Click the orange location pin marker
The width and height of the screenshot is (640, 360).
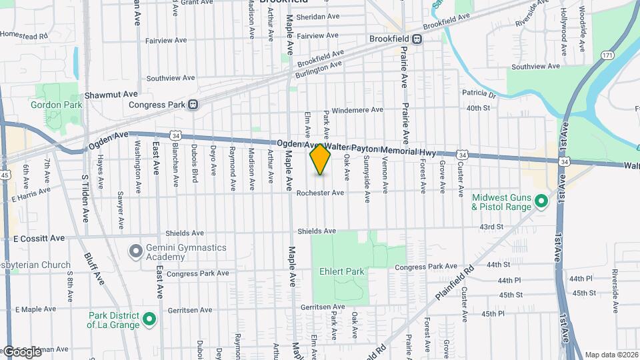tap(321, 159)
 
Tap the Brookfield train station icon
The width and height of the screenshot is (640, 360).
tap(417, 39)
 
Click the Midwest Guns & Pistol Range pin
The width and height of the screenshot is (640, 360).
tap(541, 201)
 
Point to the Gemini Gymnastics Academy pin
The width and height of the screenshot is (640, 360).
tap(136, 251)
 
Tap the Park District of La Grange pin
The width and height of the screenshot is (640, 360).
tap(150, 319)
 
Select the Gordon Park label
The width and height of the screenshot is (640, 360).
tap(55, 105)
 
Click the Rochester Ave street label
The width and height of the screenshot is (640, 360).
tap(320, 193)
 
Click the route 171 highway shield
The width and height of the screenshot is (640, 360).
tap(607, 55)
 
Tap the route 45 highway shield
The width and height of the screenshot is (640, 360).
tap(5, 175)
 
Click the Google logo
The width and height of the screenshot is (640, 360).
tap(21, 351)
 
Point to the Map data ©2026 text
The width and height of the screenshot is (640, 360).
tap(611, 355)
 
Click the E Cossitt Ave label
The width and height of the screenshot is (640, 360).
tap(39, 238)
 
